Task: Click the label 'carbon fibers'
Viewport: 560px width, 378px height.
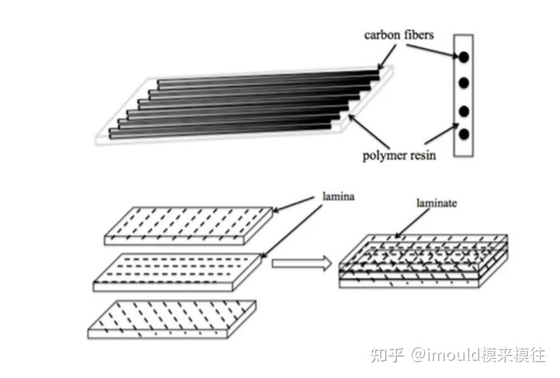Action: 399,35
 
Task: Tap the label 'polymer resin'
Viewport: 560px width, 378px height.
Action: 400,154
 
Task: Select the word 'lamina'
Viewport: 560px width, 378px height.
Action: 338,197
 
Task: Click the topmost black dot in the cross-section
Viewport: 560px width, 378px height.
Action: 464,57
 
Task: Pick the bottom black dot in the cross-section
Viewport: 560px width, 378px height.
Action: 464,134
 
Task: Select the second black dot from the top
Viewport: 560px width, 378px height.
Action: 464,83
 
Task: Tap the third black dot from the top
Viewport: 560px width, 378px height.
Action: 464,112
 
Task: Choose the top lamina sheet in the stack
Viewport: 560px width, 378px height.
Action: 189,224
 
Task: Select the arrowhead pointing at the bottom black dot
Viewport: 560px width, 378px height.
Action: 457,129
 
